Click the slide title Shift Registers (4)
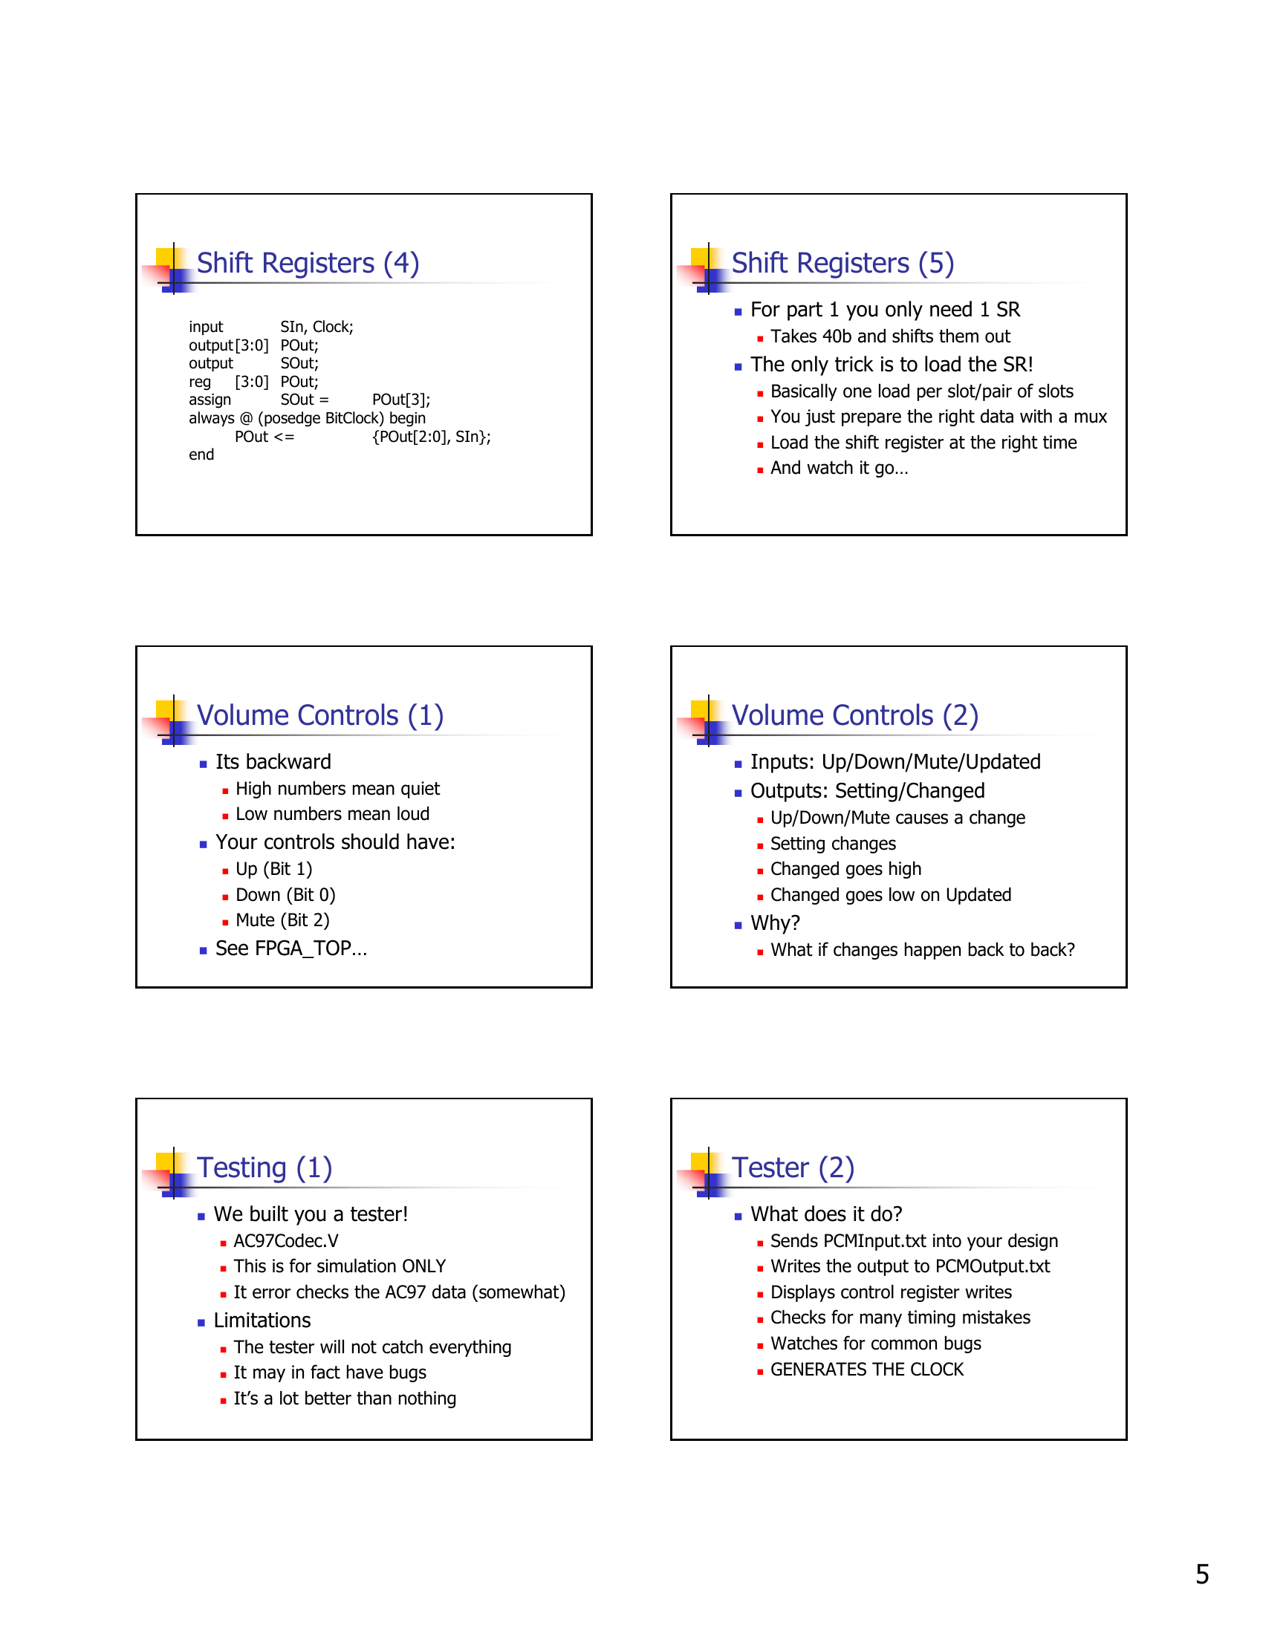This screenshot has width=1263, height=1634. tap(308, 264)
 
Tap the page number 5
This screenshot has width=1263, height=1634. tap(1201, 1574)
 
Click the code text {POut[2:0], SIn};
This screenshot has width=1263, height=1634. tap(431, 437)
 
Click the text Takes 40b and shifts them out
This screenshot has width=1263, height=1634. tap(889, 336)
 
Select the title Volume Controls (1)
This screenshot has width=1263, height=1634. tap(319, 716)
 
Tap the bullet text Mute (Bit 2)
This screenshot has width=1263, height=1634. tap(282, 920)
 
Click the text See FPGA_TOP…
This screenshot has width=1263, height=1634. tap(291, 948)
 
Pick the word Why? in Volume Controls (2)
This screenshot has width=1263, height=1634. tap(775, 923)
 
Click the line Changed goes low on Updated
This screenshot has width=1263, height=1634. tap(890, 895)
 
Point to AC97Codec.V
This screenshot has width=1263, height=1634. tap(286, 1241)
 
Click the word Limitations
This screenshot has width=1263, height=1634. tap(262, 1321)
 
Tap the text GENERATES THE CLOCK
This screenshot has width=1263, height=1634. tap(866, 1370)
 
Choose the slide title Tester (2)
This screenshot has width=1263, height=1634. tap(793, 1168)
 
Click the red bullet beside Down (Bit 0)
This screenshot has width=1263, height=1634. tap(225, 896)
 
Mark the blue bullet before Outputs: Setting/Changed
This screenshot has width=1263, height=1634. tap(738, 793)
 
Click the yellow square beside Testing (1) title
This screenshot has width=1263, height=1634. tap(165, 1162)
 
